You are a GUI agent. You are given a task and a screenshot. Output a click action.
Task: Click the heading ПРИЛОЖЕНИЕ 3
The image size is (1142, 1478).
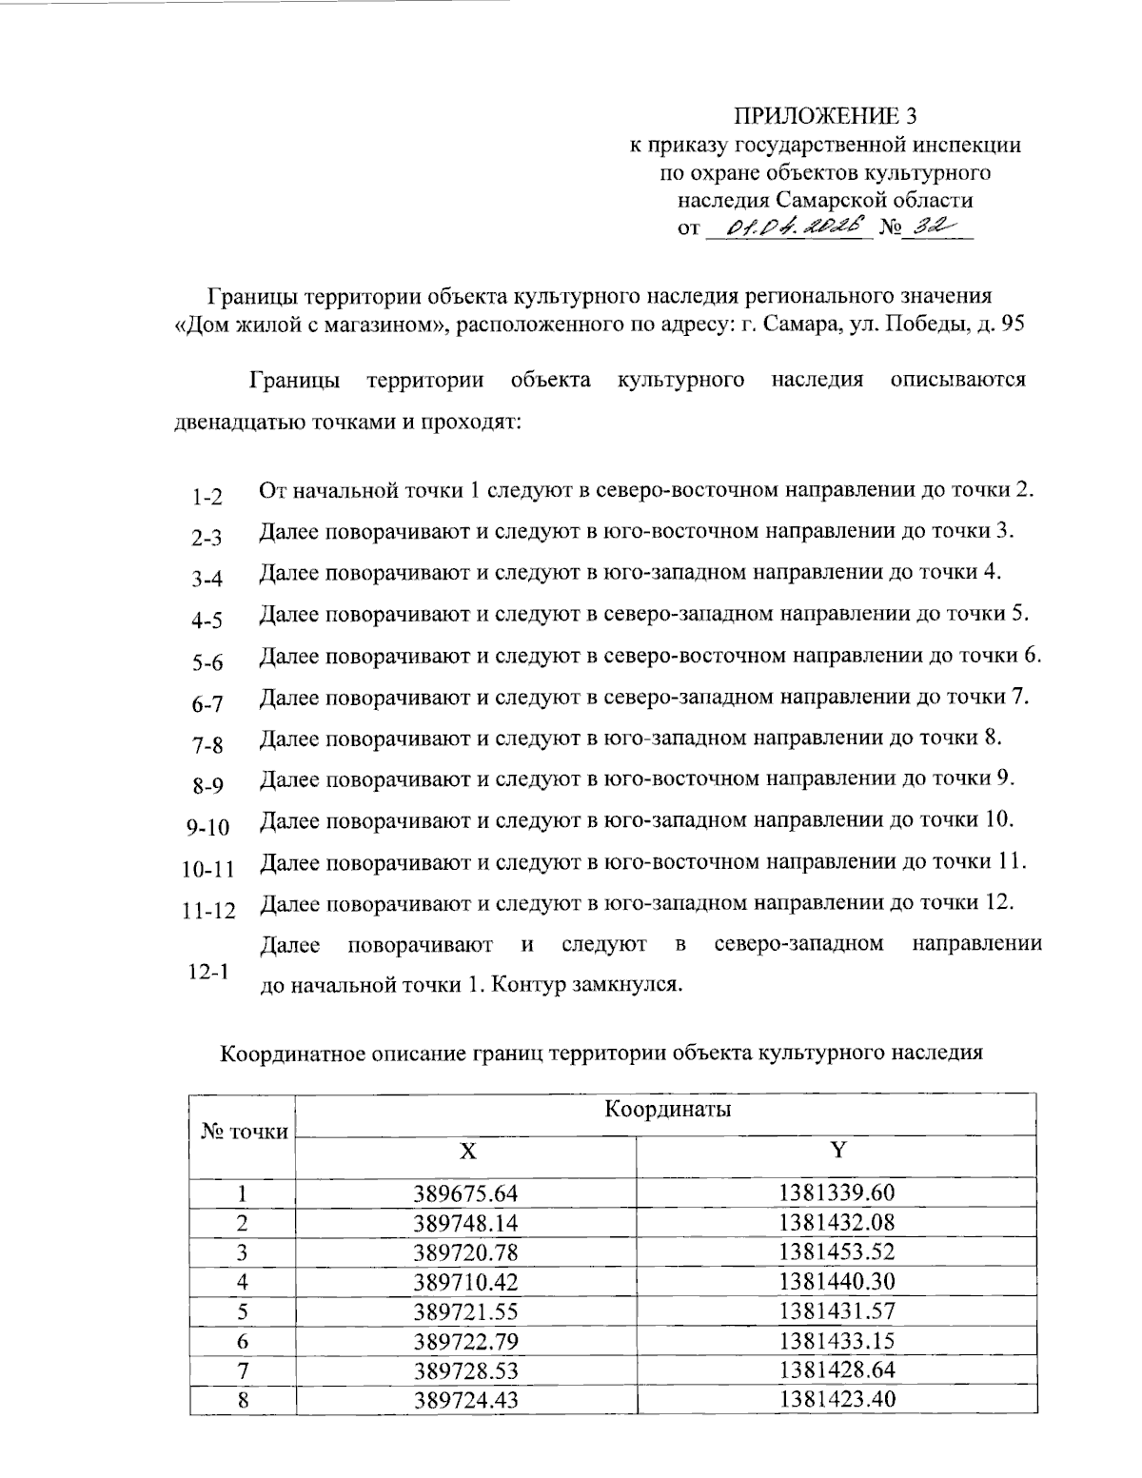[826, 117]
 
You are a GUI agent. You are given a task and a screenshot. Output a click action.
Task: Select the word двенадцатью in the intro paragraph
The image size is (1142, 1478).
[237, 421]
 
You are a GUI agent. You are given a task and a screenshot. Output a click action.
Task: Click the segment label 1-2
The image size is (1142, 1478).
[206, 497]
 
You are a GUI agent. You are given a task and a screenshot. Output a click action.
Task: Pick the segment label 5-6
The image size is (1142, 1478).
[206, 662]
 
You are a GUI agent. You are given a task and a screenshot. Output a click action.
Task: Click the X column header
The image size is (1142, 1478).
[466, 1151]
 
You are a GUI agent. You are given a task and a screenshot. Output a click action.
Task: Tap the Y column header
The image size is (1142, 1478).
[837, 1151]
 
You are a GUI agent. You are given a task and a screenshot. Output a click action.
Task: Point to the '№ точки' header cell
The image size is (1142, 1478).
[244, 1131]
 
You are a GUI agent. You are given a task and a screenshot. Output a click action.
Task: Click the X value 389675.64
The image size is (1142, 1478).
[465, 1192]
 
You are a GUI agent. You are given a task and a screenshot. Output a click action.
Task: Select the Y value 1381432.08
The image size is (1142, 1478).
[837, 1222]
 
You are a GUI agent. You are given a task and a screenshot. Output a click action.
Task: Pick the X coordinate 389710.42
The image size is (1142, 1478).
[465, 1281]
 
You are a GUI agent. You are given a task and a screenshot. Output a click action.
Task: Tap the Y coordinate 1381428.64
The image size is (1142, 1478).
[837, 1370]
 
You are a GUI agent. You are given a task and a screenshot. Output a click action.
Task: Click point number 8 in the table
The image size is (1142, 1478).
[243, 1399]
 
